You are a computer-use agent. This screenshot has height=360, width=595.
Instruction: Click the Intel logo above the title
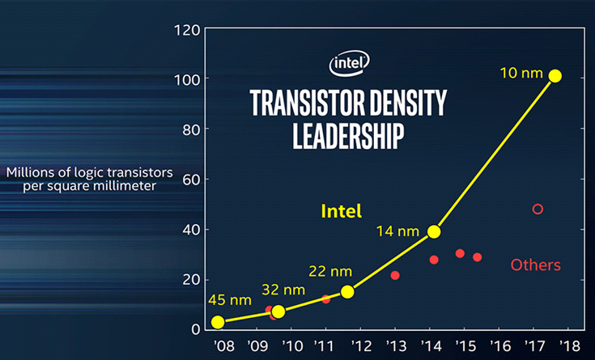350,63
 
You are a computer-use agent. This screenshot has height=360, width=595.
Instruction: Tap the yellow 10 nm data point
555,76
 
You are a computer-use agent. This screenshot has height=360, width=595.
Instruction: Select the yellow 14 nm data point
434,231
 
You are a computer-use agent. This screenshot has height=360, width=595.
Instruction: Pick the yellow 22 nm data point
347,291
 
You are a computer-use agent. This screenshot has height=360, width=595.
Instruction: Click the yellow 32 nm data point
278,311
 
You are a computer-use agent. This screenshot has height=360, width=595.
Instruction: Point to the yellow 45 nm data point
218,322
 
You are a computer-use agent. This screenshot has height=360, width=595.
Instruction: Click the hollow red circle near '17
538,210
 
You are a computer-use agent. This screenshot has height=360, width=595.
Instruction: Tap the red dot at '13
395,275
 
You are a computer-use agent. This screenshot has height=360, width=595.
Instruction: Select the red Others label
536,265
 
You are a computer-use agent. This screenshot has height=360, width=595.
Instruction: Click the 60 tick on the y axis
191,180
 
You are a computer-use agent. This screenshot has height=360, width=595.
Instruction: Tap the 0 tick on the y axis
195,329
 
